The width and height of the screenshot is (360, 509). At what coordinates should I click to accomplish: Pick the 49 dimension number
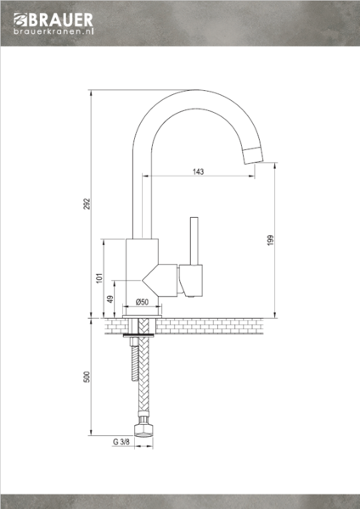point(110,299)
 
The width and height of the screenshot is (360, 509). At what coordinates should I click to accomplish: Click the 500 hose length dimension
point(87,378)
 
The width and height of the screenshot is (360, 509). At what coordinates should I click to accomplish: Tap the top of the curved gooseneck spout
point(187,95)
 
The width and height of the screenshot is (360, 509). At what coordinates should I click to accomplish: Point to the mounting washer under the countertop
point(141,338)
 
